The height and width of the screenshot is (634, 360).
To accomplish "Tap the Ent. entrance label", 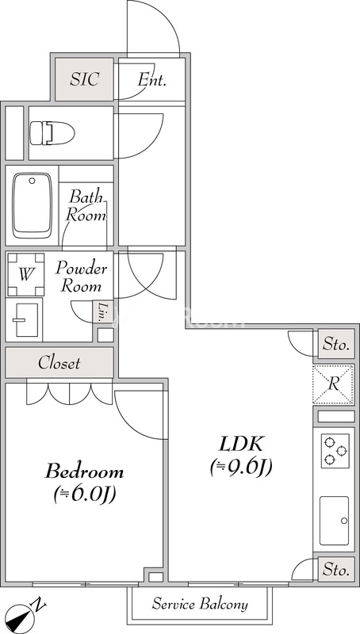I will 151,79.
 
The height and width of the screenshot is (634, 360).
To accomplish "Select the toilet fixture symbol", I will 52,132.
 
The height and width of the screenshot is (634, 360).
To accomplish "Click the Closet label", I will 59,363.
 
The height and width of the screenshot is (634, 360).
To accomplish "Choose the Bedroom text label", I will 84,472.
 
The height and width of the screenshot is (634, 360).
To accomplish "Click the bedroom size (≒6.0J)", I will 84,495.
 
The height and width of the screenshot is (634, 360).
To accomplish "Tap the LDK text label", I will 241,444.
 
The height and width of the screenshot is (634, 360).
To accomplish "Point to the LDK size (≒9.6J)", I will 241,468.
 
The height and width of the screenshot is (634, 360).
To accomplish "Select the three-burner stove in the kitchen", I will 334,451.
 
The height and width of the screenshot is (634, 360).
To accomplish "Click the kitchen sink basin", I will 334,520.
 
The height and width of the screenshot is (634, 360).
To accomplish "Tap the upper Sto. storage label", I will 335,344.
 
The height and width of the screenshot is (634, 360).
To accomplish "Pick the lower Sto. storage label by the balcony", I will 335,569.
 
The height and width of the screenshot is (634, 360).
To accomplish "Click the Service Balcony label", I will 199,605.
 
